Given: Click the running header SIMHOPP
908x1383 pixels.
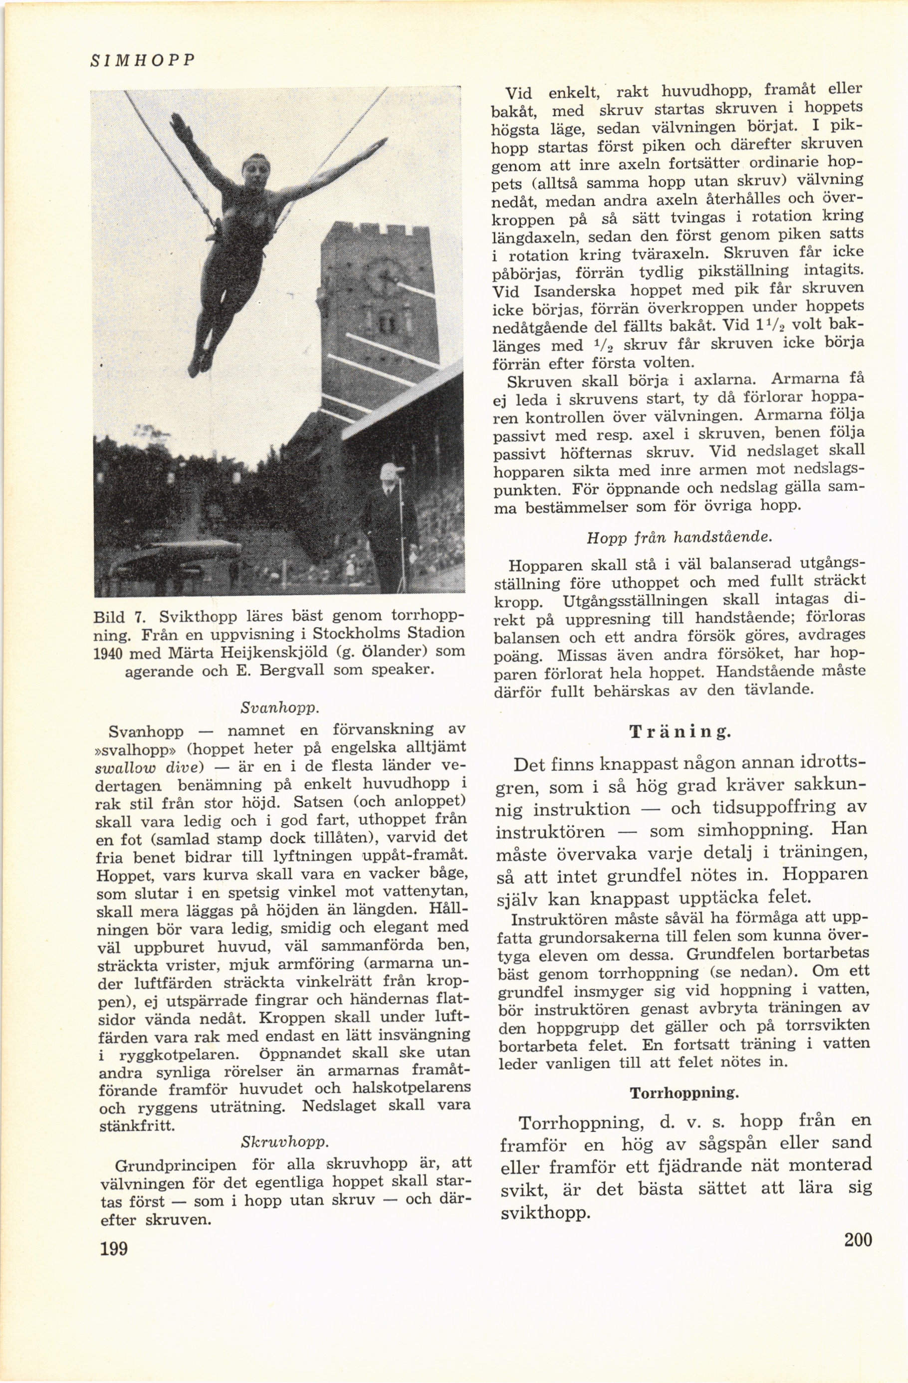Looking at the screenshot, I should pos(142,60).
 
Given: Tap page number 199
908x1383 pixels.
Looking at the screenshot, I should pos(114,1248).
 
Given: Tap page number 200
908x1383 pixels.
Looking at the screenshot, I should pos(858,1240).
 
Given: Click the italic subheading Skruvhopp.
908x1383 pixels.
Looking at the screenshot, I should pos(285,1143).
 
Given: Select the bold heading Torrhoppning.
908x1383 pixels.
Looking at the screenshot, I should pos(684,1093).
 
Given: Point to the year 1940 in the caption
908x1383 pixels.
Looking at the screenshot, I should pos(109,653).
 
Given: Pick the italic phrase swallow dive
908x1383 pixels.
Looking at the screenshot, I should pos(148,766).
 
